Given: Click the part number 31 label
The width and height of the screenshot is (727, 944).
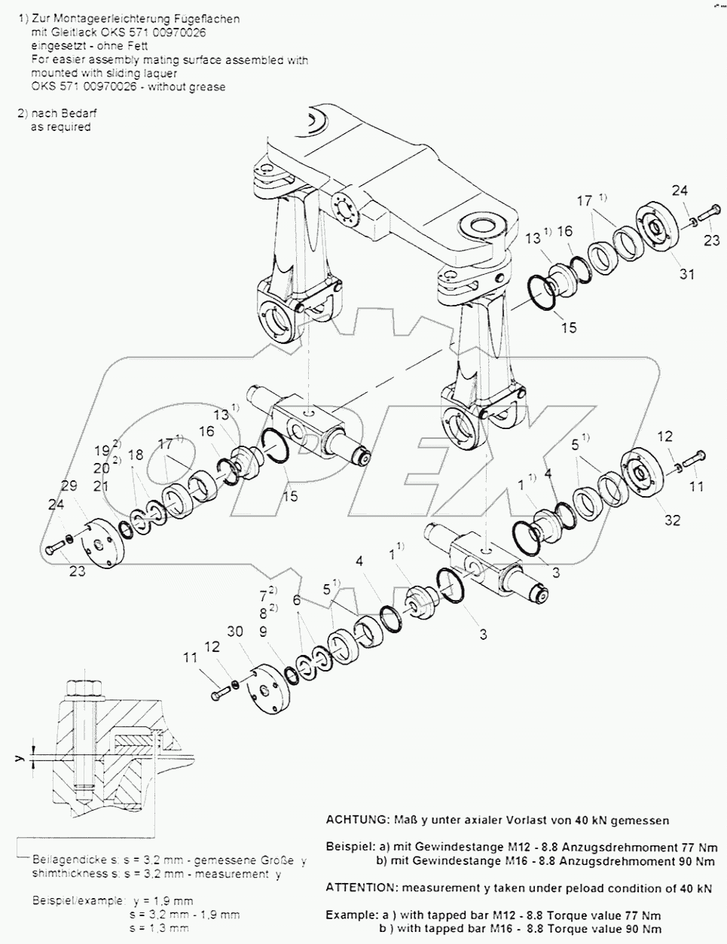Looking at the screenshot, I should [686, 275].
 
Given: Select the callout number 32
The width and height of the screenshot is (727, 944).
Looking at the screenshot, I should [672, 520].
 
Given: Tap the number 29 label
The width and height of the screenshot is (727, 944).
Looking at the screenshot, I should [69, 487].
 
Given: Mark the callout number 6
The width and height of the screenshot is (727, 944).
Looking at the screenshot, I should [297, 601].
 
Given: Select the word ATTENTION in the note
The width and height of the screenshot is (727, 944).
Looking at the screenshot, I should [358, 888].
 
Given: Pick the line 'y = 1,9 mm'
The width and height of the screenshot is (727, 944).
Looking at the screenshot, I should [162, 900].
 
